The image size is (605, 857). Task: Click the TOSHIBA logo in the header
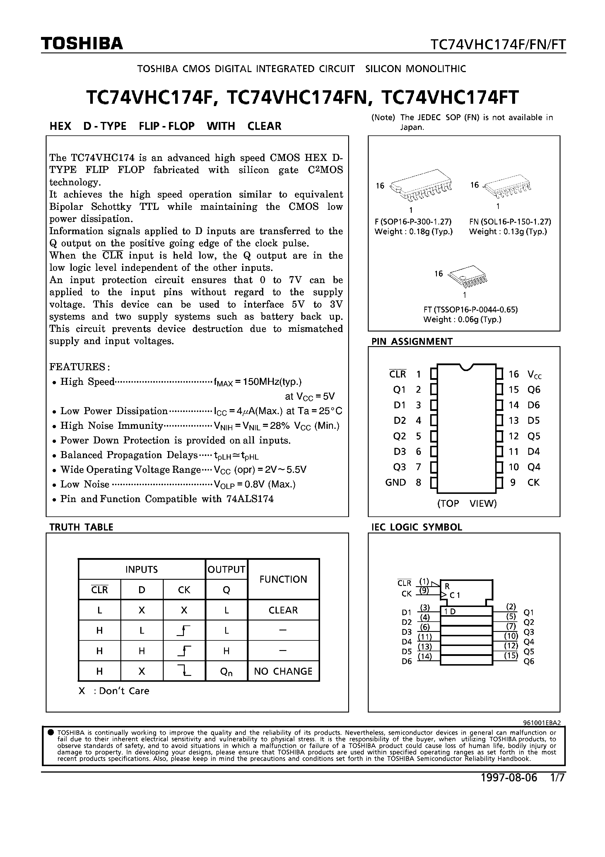pos(82,44)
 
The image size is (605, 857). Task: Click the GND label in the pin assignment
pos(395,483)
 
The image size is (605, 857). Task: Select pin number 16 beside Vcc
pos(514,374)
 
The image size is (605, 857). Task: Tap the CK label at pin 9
pos(533,483)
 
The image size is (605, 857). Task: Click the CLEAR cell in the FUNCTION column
pos(283,610)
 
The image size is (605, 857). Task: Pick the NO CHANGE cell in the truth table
pos(283,671)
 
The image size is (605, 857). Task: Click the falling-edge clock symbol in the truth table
pos(184,671)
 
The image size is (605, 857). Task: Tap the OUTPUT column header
pos(226,569)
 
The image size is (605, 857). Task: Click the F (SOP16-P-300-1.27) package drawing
pos(421,186)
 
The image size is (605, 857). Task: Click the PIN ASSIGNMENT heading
pos(412,341)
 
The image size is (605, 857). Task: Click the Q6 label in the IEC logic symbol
pos(529,662)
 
